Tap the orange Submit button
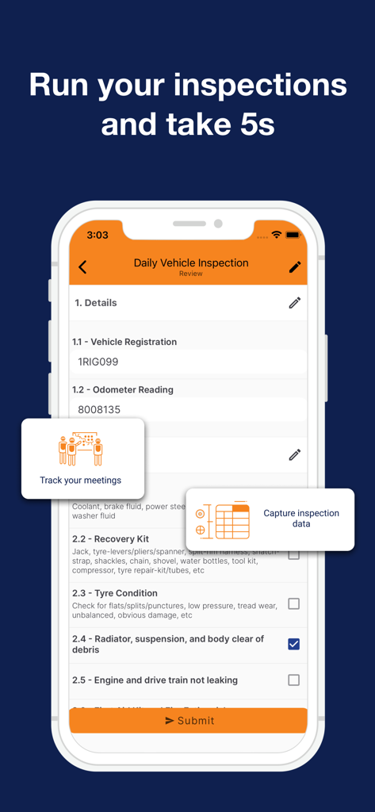point(188,720)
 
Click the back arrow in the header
point(83,267)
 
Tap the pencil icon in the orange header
point(295,267)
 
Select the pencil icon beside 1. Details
point(295,303)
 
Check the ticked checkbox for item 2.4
point(293,644)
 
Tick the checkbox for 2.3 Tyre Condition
point(293,604)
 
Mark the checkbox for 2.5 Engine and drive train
point(293,680)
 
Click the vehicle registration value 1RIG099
point(98,362)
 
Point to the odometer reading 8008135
point(99,410)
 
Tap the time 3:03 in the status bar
point(98,235)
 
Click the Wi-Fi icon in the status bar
point(276,235)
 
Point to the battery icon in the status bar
point(293,235)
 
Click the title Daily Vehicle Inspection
point(191,262)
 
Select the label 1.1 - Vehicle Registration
point(124,342)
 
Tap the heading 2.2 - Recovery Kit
point(110,539)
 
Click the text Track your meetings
point(81,481)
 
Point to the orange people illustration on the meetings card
point(81,450)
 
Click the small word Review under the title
point(191,274)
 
